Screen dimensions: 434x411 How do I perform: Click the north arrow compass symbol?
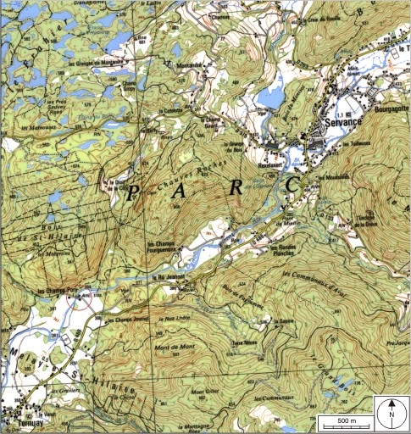click(x=391, y=414)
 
